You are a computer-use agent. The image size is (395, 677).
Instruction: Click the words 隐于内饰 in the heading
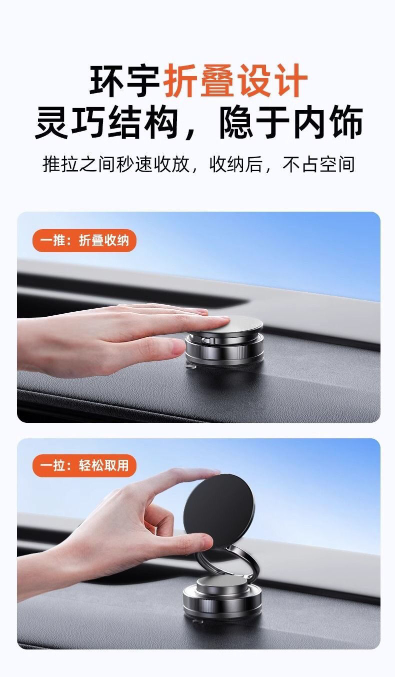click(291, 123)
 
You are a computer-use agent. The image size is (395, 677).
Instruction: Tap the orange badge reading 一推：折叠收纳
click(84, 241)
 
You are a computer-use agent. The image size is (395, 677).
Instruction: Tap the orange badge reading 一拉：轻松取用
click(84, 466)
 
